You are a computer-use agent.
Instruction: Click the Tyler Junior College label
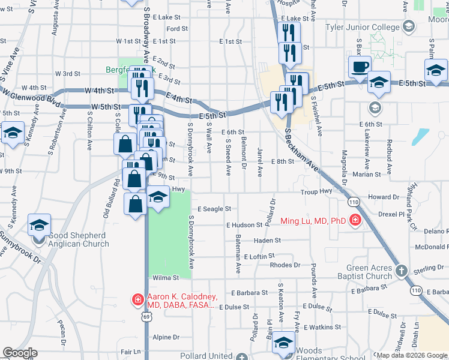click(x=362, y=28)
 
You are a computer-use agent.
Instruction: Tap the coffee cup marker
click(x=360, y=66)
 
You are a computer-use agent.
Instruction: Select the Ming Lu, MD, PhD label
click(x=313, y=221)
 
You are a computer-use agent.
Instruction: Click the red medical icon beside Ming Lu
click(x=355, y=221)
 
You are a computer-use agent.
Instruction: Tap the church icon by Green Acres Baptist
click(x=402, y=272)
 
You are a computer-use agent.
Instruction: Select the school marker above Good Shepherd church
click(x=39, y=226)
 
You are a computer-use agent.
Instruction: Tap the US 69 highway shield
click(x=146, y=317)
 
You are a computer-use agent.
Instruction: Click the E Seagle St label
click(x=214, y=209)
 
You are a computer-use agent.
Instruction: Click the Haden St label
click(x=267, y=241)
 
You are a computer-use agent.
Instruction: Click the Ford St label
click(x=177, y=29)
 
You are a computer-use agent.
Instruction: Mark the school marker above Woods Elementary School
click(x=283, y=343)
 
